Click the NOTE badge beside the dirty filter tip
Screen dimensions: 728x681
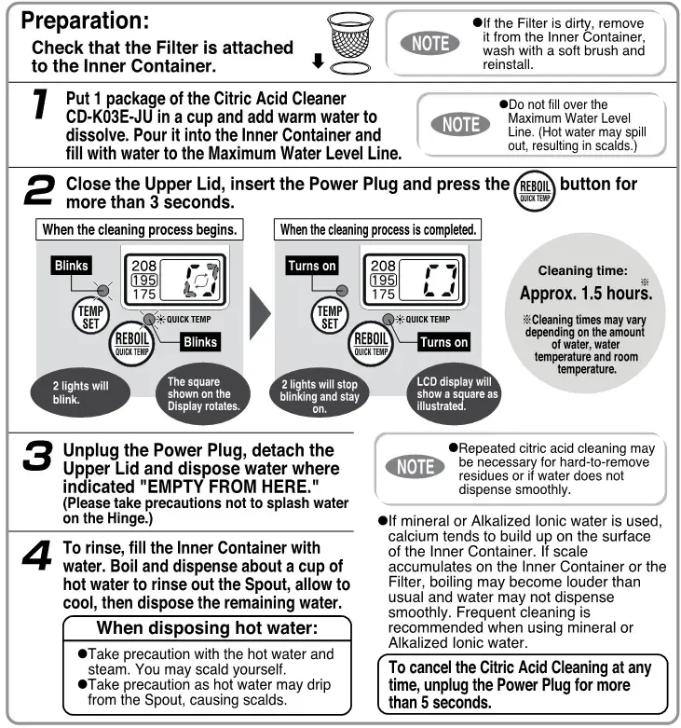coord(429,42)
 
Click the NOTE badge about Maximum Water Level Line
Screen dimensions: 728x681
coord(459,125)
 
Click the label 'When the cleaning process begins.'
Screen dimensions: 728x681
coord(140,229)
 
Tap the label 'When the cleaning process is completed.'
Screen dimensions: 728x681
coord(378,229)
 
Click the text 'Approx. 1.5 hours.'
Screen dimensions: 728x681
coord(584,293)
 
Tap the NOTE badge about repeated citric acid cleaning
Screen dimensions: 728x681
coord(415,466)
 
